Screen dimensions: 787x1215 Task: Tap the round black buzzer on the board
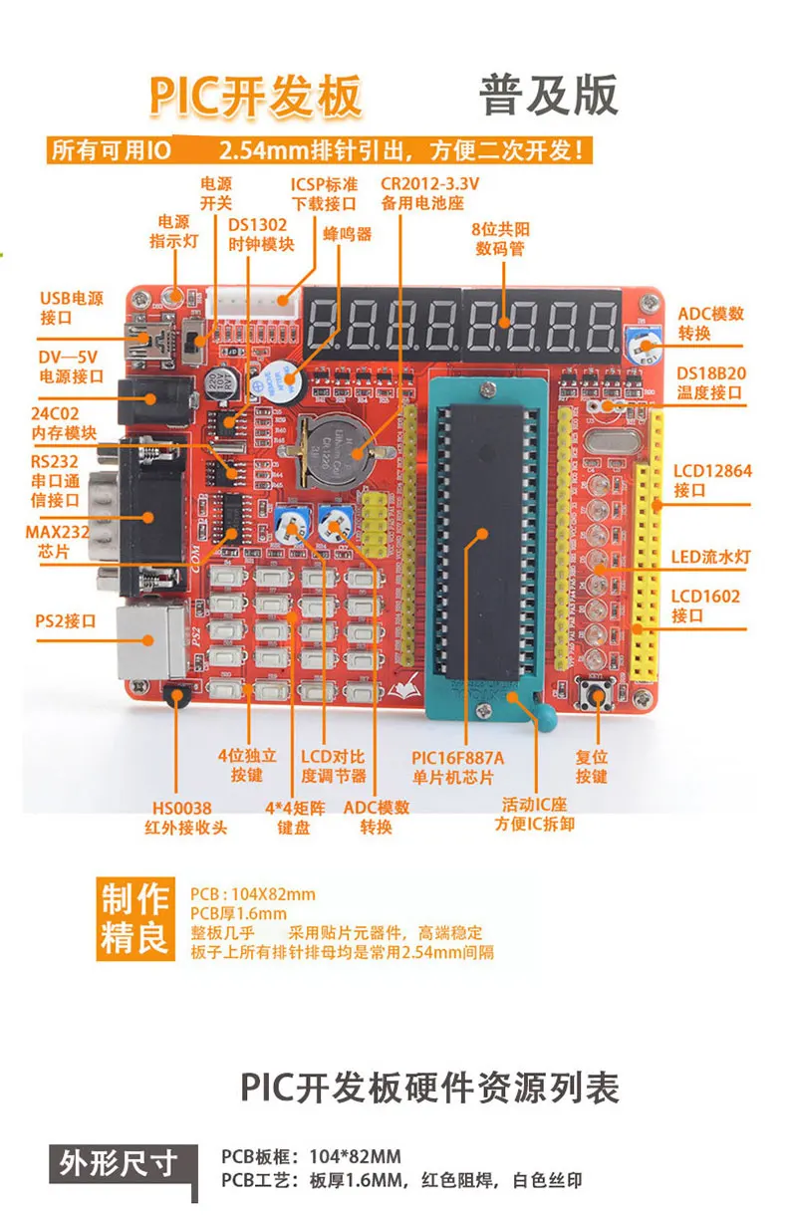tap(270, 377)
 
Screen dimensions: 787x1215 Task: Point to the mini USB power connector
tap(150, 344)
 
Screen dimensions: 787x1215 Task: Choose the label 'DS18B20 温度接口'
tap(710, 382)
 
